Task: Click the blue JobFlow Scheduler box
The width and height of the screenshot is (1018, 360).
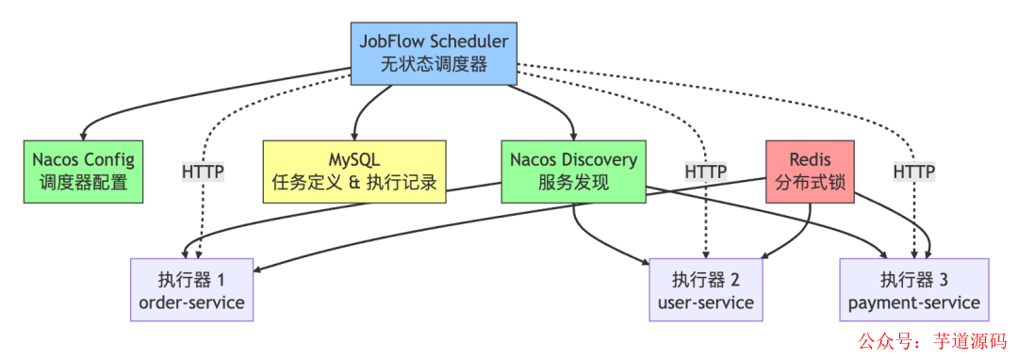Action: [435, 54]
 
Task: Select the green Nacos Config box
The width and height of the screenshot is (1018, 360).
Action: [83, 171]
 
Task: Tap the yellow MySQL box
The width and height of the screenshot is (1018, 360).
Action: [353, 171]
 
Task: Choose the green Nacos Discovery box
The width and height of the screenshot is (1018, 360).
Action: [573, 171]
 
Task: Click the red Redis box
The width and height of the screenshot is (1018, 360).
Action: [811, 171]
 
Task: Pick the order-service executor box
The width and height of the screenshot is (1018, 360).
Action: [191, 290]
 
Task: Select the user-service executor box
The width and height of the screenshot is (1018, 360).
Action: [705, 290]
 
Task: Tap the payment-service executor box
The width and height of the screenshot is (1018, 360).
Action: [913, 290]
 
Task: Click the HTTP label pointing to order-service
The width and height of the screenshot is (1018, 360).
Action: [202, 172]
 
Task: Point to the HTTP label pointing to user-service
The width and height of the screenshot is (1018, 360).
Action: [705, 172]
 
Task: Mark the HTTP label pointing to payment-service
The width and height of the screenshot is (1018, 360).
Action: [913, 172]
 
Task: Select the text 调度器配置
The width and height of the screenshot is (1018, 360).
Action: [83, 183]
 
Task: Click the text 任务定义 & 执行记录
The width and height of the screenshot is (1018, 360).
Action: [353, 183]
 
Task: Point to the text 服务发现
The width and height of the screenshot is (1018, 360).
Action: [573, 183]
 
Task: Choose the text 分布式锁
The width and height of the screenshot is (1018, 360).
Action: [811, 183]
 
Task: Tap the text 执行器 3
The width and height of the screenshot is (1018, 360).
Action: [913, 279]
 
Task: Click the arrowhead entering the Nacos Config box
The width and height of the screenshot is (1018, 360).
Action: [84, 136]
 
